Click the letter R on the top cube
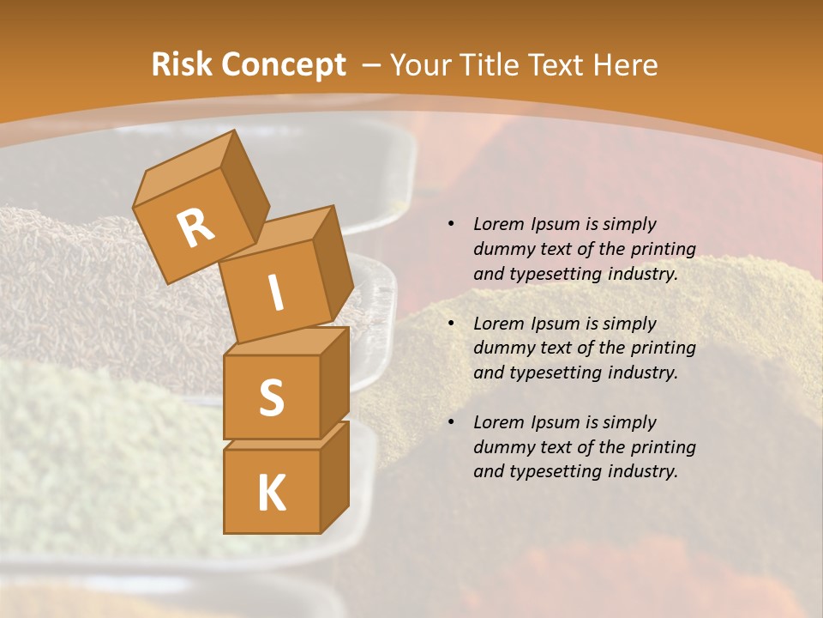[196, 227]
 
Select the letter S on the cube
[271, 397]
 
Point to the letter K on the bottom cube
[271, 493]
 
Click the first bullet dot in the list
[451, 224]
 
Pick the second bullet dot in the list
[451, 324]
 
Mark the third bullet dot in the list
[451, 422]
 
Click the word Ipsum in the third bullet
[554, 422]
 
